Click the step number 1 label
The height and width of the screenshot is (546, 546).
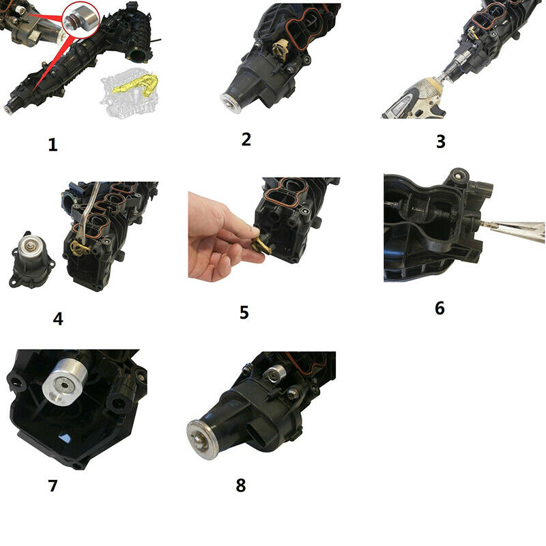pos(53,145)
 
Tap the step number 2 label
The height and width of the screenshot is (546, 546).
pos(246,139)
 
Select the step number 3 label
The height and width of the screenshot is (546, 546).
pos(441,141)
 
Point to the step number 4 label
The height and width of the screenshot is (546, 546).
pos(58,319)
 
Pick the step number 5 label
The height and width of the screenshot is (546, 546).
pos(244,313)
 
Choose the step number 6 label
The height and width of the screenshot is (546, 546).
pos(440,308)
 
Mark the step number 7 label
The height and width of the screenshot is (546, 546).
pos(53,485)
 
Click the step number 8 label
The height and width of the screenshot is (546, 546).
pos(241,485)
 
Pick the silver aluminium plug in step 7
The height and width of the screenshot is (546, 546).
pos(66,382)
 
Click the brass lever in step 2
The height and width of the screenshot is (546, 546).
pos(281,49)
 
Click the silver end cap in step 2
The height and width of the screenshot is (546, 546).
pos(231,103)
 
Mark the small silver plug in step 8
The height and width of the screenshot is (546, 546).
pos(275,373)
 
